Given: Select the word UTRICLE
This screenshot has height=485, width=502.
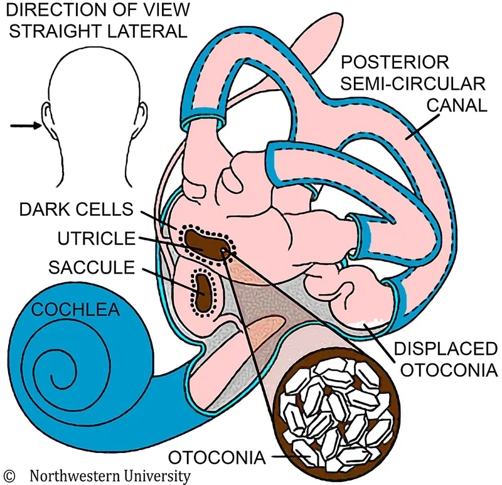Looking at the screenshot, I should click(94, 239).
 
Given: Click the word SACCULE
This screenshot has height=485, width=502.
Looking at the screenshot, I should click(92, 268).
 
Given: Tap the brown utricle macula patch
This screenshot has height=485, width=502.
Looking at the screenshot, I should click(205, 242).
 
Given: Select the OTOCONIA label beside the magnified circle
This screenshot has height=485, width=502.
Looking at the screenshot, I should click(220, 456).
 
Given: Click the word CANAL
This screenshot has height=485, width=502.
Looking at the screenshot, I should click(457, 105).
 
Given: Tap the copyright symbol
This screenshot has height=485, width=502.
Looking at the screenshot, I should click(9, 475).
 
